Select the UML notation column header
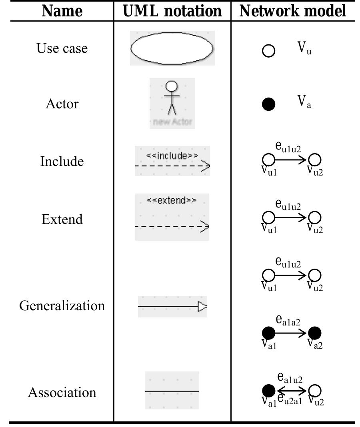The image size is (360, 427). tap(172, 11)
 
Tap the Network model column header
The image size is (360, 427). tap(293, 11)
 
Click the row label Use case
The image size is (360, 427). tap(62, 48)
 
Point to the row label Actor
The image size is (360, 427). tap(62, 104)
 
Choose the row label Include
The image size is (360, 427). tap(62, 162)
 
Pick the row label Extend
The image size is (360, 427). tap(62, 219)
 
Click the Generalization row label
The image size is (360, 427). tap(62, 305)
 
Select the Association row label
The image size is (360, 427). tap(62, 392)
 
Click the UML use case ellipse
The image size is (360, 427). tap(172, 48)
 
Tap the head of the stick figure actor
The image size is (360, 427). tap(172, 86)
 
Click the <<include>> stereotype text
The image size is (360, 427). tap(172, 156)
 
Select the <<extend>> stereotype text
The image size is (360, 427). tap(172, 200)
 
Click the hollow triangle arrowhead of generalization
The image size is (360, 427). tap(202, 307)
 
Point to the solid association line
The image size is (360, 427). tap(172, 391)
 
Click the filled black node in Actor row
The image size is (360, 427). tap(268, 104)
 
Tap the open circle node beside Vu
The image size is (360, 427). tap(268, 51)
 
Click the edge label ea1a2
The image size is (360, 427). tap(288, 320)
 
